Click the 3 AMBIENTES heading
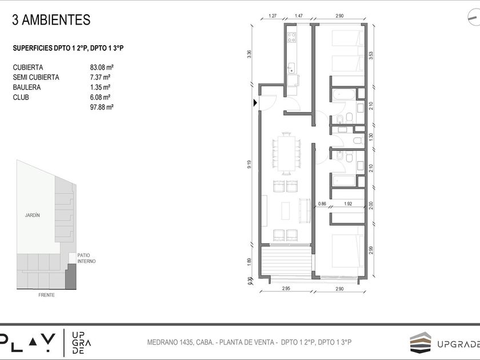[51, 20]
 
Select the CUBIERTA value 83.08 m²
[102, 67]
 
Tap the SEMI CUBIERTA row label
[36, 78]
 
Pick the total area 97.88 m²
[102, 107]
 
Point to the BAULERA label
[27, 87]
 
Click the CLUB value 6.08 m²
[100, 97]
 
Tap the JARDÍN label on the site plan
[33, 215]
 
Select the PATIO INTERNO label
[86, 258]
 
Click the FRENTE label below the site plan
[46, 295]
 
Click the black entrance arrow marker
[255, 103]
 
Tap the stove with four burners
[292, 37]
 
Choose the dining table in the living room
[286, 153]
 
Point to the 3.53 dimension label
[371, 55]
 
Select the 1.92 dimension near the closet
[348, 203]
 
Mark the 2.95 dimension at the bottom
[286, 289]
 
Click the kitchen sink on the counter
[291, 68]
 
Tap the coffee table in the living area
[286, 211]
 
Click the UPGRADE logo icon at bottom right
[421, 342]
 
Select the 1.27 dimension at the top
[273, 16]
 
